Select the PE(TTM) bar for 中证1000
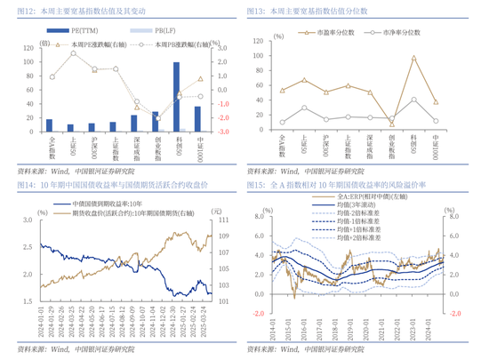[x=197, y=119]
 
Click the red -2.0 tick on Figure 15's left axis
[x=257, y=313]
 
